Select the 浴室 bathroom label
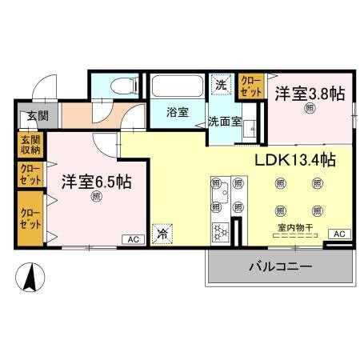[178, 112]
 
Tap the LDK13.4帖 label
[294, 159]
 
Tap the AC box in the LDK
[339, 234]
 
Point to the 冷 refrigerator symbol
[162, 234]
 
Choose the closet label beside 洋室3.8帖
[251, 86]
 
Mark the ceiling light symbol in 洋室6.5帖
[96, 196]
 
